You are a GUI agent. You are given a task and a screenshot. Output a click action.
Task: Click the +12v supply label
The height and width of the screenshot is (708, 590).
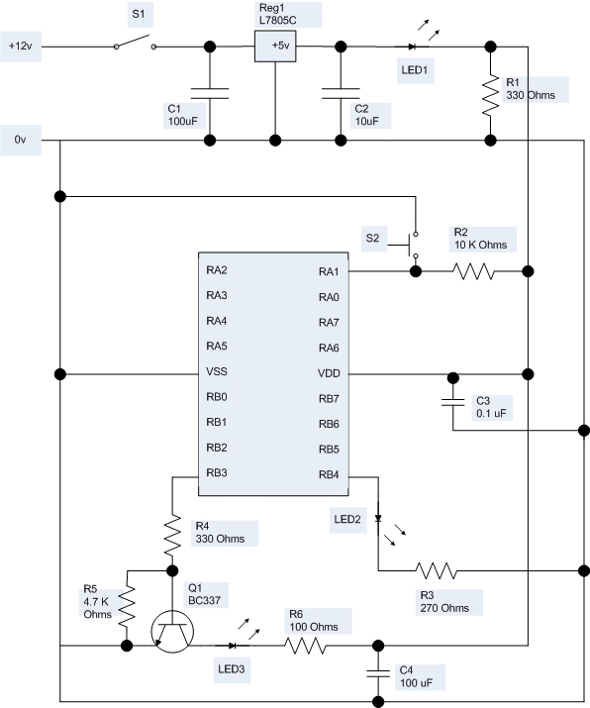coord(21,47)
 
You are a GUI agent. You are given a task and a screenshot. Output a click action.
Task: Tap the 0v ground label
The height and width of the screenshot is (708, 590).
coord(21,140)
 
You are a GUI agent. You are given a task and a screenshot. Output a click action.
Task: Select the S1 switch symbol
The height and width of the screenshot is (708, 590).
coord(135,42)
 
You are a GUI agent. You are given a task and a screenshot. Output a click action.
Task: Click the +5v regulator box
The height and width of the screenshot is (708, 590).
coord(275,47)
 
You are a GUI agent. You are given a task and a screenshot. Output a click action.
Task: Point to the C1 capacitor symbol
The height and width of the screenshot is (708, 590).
coord(210,93)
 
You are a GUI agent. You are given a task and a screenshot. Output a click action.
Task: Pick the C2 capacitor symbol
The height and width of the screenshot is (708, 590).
coord(341,93)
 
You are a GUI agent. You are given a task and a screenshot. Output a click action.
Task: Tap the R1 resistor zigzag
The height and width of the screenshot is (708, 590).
coord(491,96)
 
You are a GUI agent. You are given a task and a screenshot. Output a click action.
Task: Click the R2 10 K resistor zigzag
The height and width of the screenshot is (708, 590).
coord(474,271)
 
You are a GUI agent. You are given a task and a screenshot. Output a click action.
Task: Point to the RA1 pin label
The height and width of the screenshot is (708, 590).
coord(329,272)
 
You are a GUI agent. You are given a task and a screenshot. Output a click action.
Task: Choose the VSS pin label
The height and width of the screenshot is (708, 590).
coord(217,371)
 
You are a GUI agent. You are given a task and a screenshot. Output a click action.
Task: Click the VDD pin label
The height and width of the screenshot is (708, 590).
coord(329,373)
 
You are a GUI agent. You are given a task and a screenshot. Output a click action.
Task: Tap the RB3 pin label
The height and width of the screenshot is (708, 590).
coord(217,472)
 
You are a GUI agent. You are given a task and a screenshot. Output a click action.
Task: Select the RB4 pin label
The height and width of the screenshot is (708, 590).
coord(329,474)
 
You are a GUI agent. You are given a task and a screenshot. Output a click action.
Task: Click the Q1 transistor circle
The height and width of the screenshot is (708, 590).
coord(172,631)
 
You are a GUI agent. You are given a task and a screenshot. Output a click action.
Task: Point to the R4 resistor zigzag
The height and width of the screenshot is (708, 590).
coord(172,535)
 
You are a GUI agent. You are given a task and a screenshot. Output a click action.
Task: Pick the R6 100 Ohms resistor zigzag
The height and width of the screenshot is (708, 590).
coord(306,646)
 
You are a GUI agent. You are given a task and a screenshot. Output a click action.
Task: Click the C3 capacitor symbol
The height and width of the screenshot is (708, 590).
coord(452,402)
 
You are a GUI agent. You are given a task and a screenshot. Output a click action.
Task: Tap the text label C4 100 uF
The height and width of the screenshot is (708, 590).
coord(416,676)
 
